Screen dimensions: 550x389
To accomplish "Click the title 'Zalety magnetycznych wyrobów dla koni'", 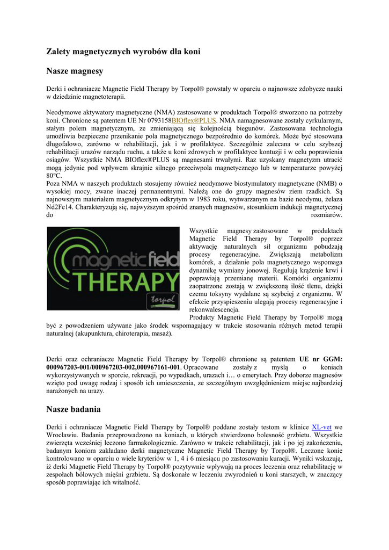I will (x=123, y=52).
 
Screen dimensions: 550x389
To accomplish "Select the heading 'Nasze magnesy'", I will (x=75, y=71).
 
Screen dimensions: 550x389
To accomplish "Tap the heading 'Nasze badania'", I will (x=74, y=409).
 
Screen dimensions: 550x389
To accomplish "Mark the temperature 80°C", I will (x=55, y=176).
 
